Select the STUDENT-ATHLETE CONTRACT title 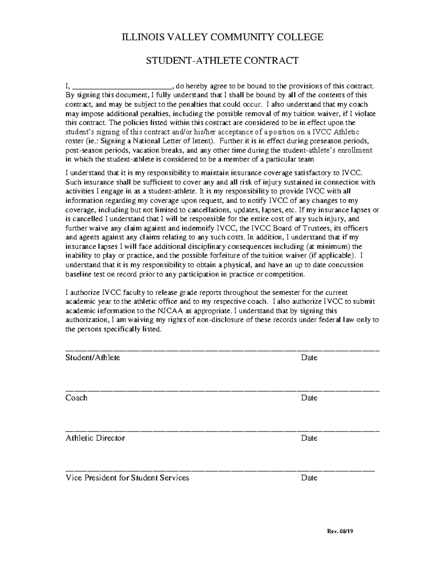click(222, 60)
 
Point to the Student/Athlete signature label click(93, 358)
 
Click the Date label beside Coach click(309, 398)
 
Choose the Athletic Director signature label click(95, 438)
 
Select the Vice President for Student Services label click(127, 478)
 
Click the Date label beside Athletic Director click(309, 438)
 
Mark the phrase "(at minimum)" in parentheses click(328, 246)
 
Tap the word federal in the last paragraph click(323, 320)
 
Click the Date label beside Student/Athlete click(309, 358)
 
